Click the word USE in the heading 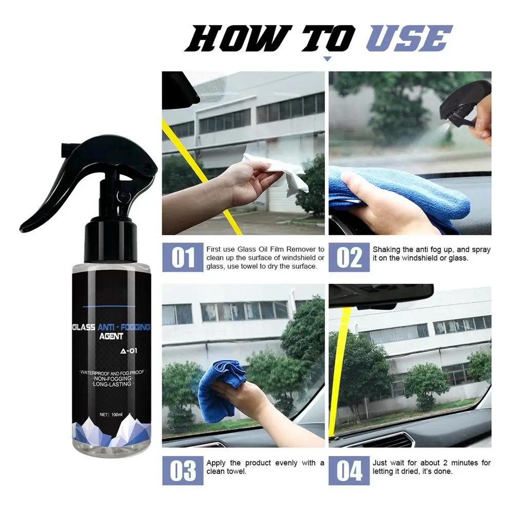[409, 40]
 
